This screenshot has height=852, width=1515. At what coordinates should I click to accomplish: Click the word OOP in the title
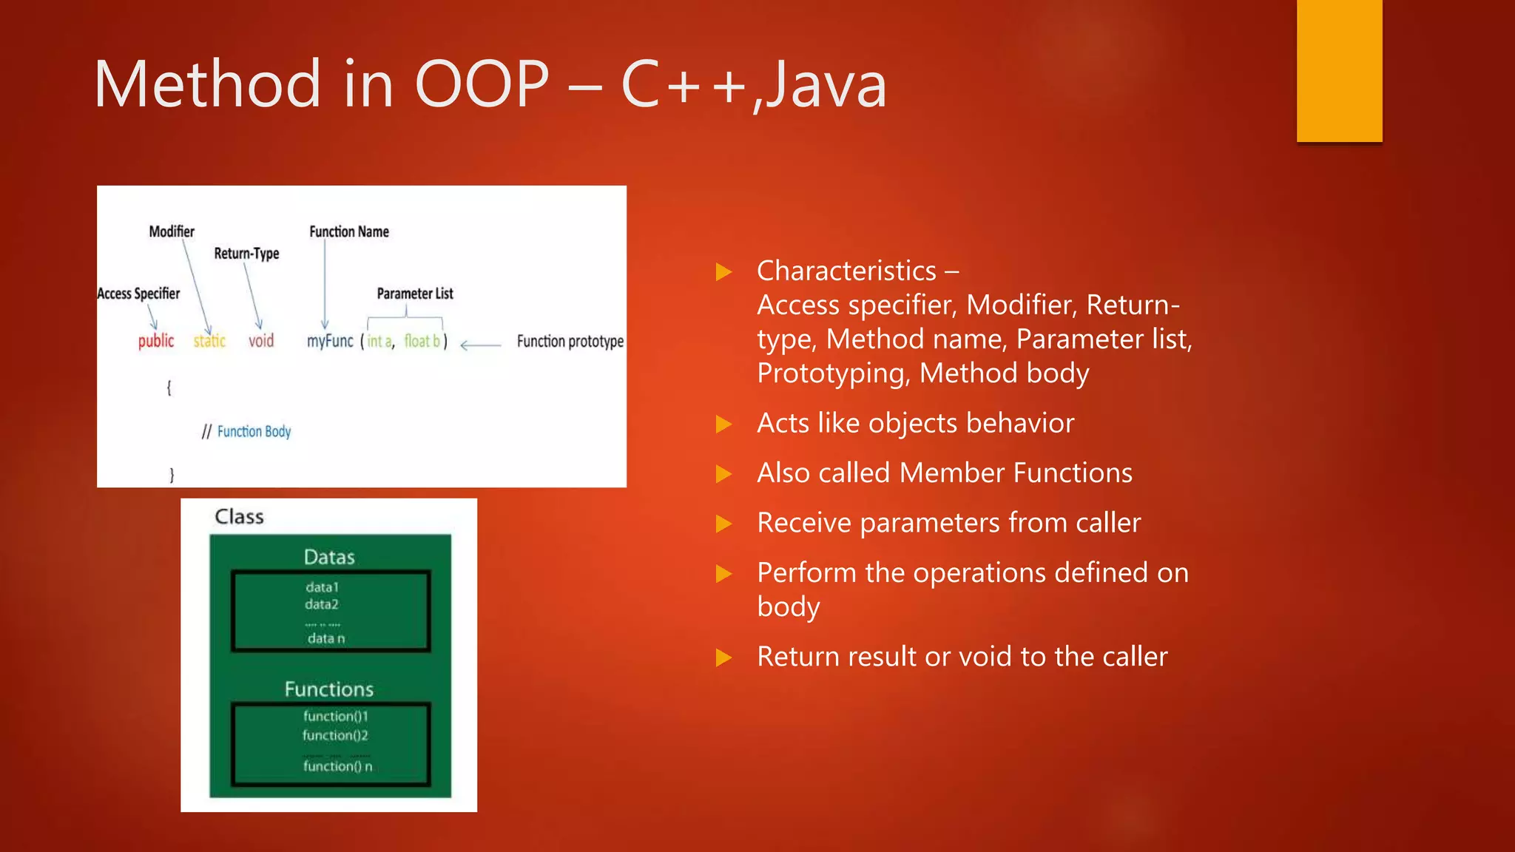point(482,84)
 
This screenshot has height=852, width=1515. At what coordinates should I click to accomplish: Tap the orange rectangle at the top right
point(1339,70)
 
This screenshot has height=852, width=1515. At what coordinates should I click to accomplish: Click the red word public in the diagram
point(156,341)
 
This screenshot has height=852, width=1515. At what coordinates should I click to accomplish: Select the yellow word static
point(209,341)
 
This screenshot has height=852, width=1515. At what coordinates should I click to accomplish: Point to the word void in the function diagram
point(261,341)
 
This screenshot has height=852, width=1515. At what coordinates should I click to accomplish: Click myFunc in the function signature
point(330,341)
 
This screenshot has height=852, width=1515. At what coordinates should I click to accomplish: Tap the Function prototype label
point(570,341)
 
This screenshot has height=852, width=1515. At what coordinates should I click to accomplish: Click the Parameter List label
point(414,294)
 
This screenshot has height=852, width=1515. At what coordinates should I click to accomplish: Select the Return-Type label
point(246,254)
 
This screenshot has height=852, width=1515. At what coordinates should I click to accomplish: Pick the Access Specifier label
point(139,294)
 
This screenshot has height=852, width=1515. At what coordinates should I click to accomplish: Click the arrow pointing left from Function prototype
point(480,345)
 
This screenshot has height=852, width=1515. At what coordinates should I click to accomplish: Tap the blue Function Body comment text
point(254,431)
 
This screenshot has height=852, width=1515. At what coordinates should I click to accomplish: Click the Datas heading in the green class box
point(329,557)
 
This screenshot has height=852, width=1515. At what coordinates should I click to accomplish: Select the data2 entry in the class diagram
point(321,604)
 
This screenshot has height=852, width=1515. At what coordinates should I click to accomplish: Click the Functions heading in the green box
point(329,689)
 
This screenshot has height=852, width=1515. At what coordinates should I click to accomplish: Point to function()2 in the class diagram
point(334,735)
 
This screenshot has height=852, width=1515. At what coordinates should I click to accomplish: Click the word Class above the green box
point(239,516)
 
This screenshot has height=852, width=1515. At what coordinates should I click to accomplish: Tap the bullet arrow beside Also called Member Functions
point(723,473)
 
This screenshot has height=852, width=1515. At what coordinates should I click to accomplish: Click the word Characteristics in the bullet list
point(846,271)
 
